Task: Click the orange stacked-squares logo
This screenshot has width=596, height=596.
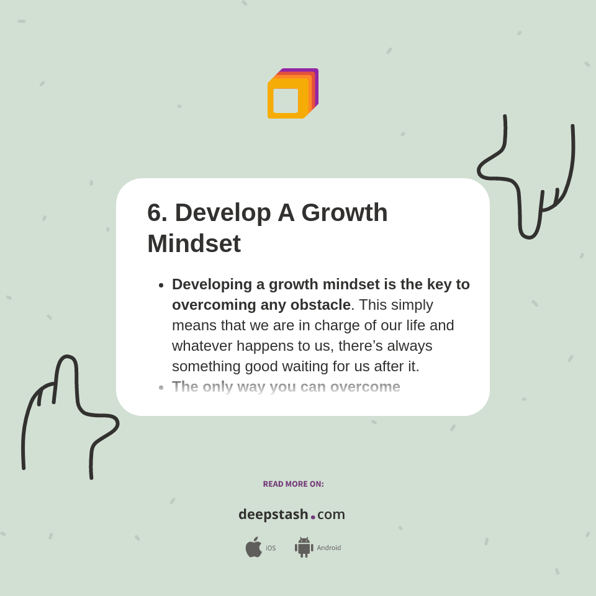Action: pos(292,94)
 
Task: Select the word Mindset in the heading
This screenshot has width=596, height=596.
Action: pos(194,243)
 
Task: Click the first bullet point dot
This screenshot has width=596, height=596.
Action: pos(161,285)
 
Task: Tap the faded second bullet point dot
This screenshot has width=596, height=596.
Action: pos(161,387)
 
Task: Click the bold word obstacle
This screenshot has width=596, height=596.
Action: pos(320,305)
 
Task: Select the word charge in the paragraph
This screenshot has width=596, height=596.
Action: pos(340,325)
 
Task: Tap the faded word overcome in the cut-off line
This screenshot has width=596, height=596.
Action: pos(365,387)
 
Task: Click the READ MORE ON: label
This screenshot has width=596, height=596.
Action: pos(293,484)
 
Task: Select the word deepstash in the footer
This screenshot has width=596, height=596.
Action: pos(273,515)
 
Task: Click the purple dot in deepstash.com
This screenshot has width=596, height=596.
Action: pos(313,517)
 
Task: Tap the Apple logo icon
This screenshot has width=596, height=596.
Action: pos(253,548)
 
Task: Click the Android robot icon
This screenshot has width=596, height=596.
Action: pos(304,548)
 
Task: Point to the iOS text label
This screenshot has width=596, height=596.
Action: pos(271,548)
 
